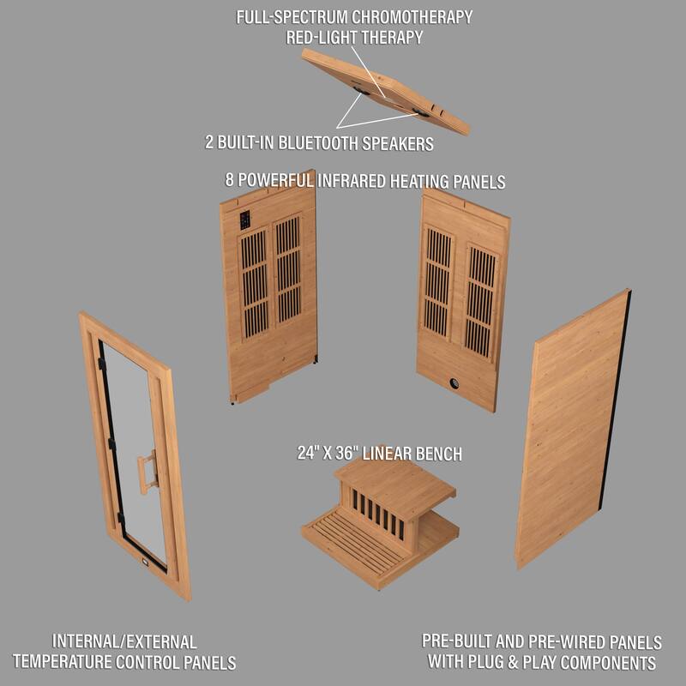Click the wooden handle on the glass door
pyautogui.click(x=147, y=472)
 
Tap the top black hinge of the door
pyautogui.click(x=101, y=364)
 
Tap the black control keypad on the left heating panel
pyautogui.click(x=244, y=220)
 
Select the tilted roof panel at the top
pyautogui.click(x=386, y=91)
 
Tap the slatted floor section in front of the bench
pyautogui.click(x=353, y=542)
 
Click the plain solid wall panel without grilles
pyautogui.click(x=570, y=429)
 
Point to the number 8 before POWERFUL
pyautogui.click(x=230, y=182)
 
